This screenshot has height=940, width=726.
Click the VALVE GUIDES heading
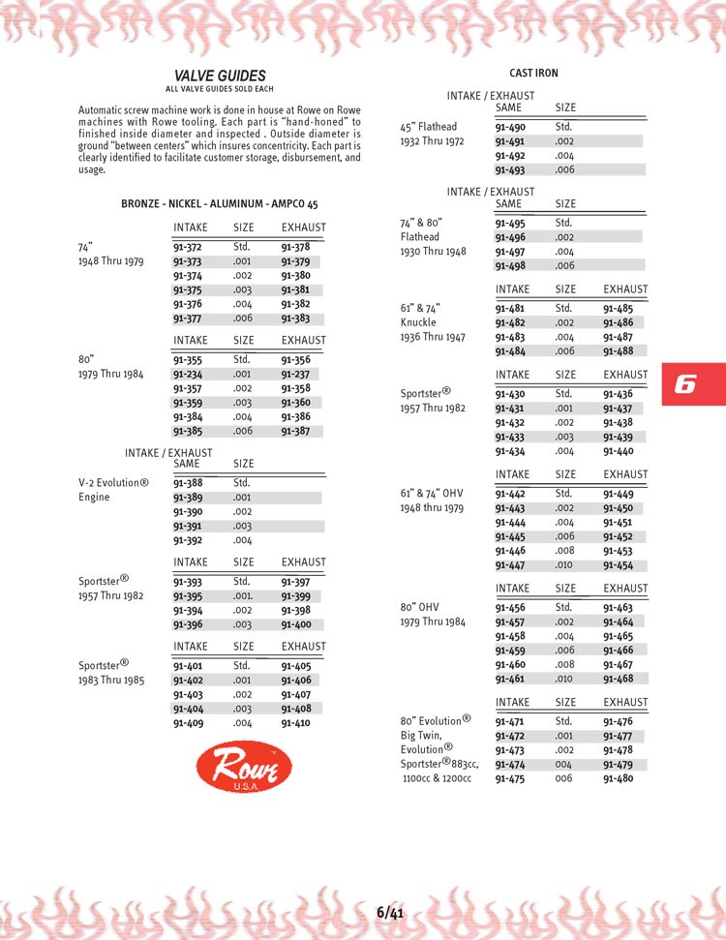(x=220, y=76)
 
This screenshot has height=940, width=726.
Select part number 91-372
(x=187, y=247)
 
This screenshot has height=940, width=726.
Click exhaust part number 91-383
(x=295, y=318)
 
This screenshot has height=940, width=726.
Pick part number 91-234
(x=187, y=374)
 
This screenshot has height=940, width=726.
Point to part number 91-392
(x=187, y=540)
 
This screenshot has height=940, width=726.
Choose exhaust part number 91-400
(x=295, y=625)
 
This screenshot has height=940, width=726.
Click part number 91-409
(x=187, y=723)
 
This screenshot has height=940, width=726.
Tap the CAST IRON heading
(x=533, y=74)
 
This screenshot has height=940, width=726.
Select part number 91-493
(x=509, y=169)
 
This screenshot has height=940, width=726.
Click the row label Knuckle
(x=418, y=322)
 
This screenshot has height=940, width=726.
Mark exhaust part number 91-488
(x=618, y=351)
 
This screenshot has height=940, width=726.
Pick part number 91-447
(x=509, y=565)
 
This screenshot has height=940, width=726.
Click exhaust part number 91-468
(x=618, y=679)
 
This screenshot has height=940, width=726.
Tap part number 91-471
(x=509, y=721)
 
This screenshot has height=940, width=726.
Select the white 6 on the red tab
(x=684, y=384)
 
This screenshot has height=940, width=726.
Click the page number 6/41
(x=390, y=912)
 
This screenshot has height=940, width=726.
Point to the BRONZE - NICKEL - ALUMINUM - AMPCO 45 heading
(x=220, y=204)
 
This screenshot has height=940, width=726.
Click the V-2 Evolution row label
(x=113, y=482)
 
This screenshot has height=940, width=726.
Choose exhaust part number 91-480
(x=618, y=778)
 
